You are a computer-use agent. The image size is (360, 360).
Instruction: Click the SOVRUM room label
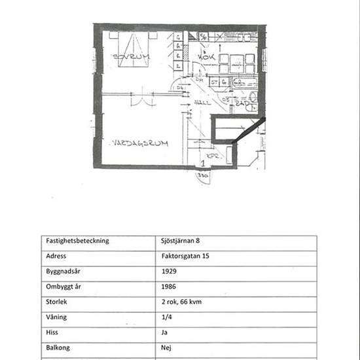pyautogui.click(x=131, y=58)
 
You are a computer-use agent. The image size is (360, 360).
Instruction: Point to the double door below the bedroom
pyautogui.click(x=139, y=99)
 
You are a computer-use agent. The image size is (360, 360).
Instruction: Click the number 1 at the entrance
pyautogui.click(x=204, y=165)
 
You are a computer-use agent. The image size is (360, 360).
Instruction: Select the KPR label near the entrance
pyautogui.click(x=213, y=156)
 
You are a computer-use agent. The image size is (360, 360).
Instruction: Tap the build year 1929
pyautogui.click(x=168, y=271)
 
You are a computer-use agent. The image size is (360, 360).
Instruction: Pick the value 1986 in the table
pyautogui.click(x=168, y=286)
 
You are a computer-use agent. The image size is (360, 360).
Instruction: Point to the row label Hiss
pyautogui.click(x=52, y=333)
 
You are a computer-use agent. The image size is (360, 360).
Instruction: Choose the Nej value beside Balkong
pyautogui.click(x=166, y=348)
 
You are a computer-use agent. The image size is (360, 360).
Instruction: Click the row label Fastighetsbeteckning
pyautogui.click(x=77, y=240)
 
